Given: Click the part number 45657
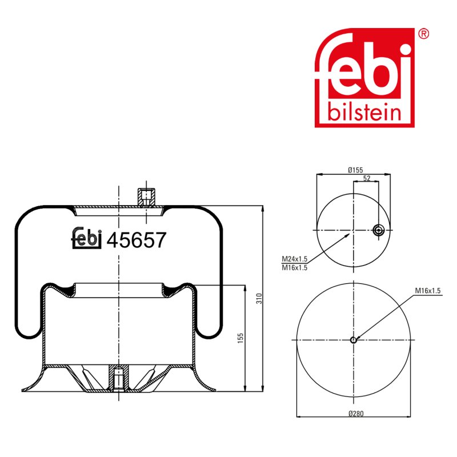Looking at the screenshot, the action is tap(137, 240).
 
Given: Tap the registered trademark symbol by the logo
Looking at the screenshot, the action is tap(423, 34).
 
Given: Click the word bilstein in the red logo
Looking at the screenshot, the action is tap(364, 111).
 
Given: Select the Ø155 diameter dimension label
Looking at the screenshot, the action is tap(355, 170).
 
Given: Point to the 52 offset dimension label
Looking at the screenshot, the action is tap(367, 178).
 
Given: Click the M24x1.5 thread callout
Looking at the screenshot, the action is tap(294, 259).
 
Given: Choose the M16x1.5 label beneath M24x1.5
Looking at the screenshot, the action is tap(294, 267).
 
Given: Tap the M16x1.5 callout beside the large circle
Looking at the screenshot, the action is tap(428, 291).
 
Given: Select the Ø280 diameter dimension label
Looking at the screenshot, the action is tap(356, 413).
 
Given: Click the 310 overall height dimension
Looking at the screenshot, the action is tap(259, 298).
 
